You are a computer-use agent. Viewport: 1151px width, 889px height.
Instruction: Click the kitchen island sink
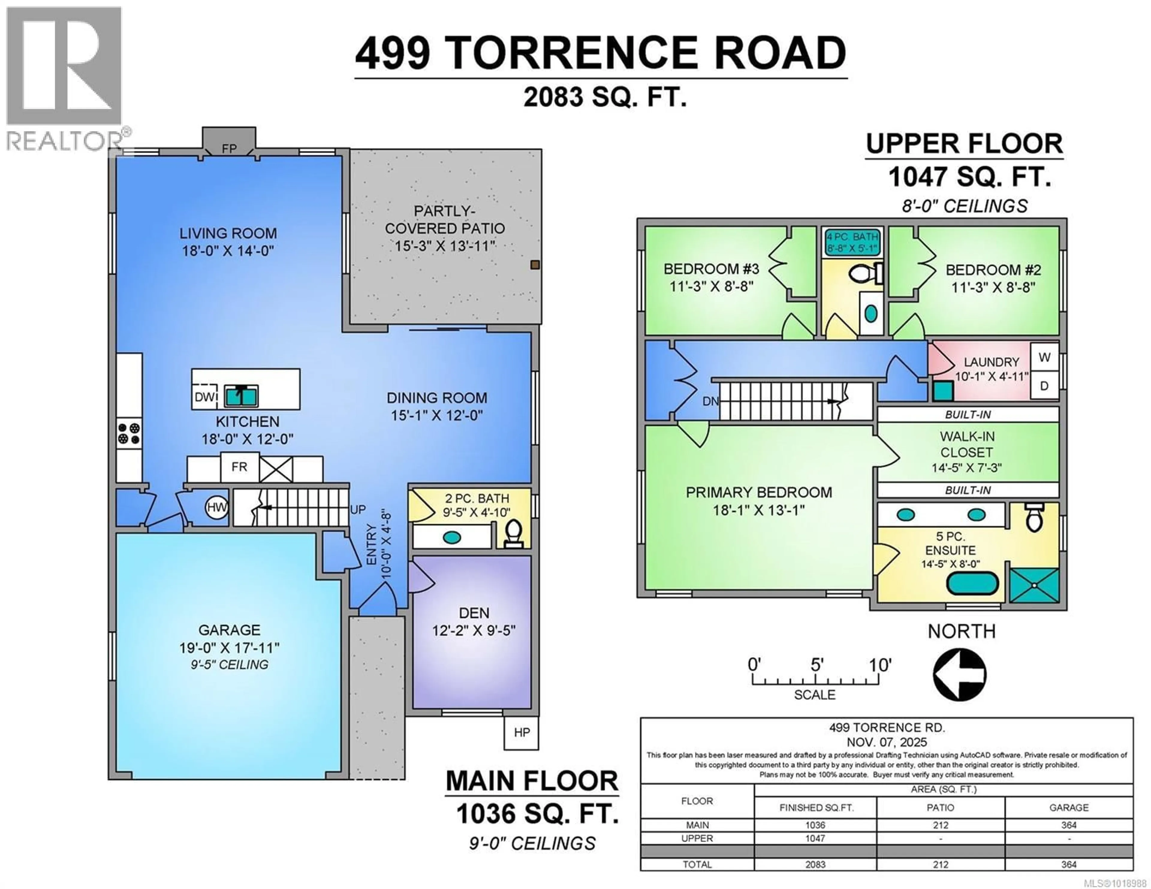pyautogui.click(x=241, y=396)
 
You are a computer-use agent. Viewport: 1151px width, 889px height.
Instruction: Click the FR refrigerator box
pyautogui.click(x=239, y=467)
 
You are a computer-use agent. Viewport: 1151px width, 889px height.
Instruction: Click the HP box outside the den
pyautogui.click(x=521, y=733)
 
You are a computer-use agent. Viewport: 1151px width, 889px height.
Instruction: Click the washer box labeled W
pyautogui.click(x=1044, y=357)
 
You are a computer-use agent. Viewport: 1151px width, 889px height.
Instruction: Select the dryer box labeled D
pyautogui.click(x=1044, y=386)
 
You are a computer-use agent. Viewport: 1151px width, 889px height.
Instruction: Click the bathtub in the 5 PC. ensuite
pyautogui.click(x=972, y=584)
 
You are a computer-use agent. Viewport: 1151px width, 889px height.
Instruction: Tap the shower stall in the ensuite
pyautogui.click(x=1034, y=585)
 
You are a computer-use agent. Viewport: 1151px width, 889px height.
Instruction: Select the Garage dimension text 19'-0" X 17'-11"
pyautogui.click(x=229, y=647)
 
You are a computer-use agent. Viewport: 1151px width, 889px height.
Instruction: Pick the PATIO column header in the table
pyautogui.click(x=940, y=807)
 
